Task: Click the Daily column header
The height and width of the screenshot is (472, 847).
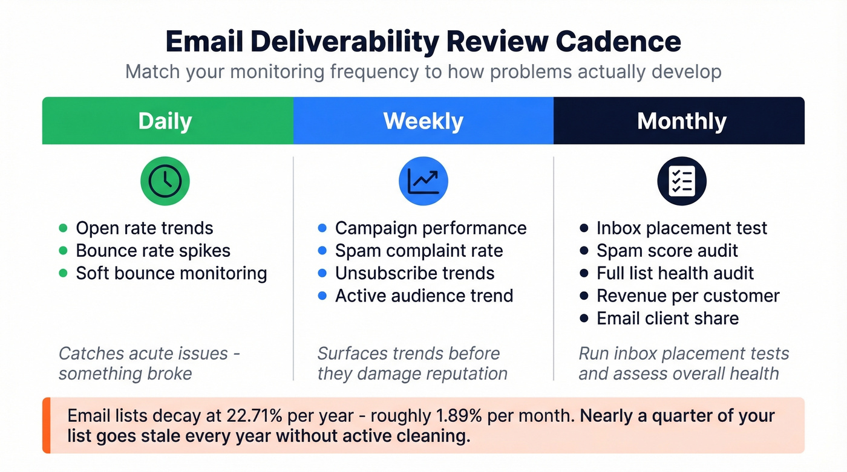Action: point(165,121)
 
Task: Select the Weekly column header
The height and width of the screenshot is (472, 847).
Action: point(423,121)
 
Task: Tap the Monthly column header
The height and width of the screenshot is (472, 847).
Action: point(681,121)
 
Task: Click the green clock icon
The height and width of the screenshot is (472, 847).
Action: point(165,181)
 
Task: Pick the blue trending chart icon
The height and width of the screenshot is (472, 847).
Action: point(423,181)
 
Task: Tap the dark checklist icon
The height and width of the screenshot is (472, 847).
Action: point(681,181)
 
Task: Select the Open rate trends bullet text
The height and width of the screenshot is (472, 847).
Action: point(144,228)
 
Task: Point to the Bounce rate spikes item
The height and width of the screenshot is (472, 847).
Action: point(152,251)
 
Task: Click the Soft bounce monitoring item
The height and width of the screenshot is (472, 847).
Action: point(171,273)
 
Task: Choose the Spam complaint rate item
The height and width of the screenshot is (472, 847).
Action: point(419,251)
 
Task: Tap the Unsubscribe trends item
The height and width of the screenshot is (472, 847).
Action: point(414,273)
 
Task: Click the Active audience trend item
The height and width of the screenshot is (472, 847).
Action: point(423,296)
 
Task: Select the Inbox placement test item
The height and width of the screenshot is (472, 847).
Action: point(681,228)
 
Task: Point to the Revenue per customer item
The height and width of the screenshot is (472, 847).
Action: point(688,296)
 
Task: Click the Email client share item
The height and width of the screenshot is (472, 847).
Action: point(667,318)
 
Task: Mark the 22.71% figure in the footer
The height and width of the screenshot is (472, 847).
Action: point(256,416)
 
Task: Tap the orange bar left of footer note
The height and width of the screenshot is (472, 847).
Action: point(45,425)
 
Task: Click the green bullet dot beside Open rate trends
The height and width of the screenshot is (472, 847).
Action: point(63,228)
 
